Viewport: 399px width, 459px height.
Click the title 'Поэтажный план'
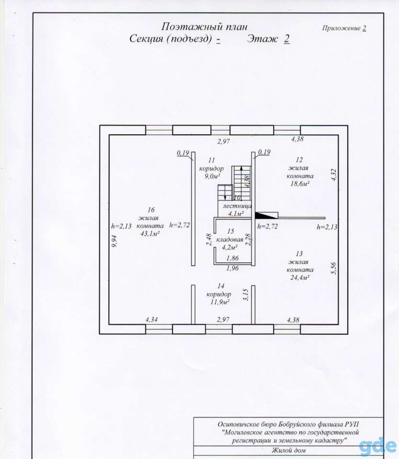tap(204, 27)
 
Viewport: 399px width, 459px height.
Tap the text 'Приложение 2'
tap(344, 28)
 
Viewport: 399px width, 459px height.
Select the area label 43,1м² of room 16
tap(150, 234)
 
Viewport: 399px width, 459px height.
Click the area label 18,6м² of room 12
tap(300, 184)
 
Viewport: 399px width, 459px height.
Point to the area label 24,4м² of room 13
tap(300, 277)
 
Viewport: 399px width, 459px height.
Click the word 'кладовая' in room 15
tap(229, 240)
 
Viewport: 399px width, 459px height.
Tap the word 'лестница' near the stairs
tap(237, 206)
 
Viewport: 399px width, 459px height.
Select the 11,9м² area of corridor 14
tap(219, 302)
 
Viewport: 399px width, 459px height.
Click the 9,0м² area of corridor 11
tap(213, 176)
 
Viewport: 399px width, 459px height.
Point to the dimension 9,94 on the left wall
tap(115, 241)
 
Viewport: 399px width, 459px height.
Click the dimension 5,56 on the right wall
tap(334, 268)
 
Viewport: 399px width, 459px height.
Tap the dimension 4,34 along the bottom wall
tap(151, 320)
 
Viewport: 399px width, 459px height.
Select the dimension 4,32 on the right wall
tap(334, 175)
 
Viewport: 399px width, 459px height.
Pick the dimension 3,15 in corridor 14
tap(246, 295)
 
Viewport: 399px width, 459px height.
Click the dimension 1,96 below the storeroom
tap(233, 268)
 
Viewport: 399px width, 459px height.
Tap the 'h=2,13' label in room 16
tap(121, 226)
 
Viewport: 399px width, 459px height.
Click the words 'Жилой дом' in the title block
tap(289, 450)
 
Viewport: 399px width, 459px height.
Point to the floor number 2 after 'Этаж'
tap(287, 39)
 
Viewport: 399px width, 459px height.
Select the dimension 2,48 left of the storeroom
tap(209, 240)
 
